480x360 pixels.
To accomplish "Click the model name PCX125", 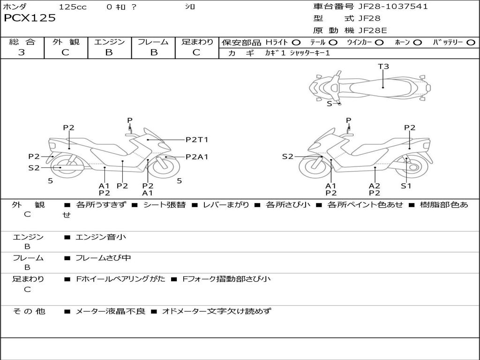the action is click(30, 18).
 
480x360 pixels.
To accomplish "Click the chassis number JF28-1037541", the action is click(393, 7).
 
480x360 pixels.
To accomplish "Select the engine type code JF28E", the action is click(373, 30).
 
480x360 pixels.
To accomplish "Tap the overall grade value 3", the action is click(22, 52).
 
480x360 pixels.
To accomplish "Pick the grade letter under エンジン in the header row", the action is click(109, 52).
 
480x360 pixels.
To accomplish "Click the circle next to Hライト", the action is click(296, 43).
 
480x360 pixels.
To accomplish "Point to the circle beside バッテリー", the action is click(471, 43).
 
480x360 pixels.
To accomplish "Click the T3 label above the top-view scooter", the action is click(383, 66).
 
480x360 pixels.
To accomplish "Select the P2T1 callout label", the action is click(197, 140).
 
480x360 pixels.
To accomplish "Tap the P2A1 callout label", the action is click(197, 157).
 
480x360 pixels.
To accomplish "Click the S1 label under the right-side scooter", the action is click(406, 186).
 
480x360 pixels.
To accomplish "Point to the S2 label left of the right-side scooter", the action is click(287, 157).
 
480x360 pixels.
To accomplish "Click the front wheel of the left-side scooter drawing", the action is click(165, 167).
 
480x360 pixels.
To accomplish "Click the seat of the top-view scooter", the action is click(381, 87).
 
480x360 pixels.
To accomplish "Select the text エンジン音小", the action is click(101, 237).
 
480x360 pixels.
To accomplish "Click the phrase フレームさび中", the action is click(103, 258).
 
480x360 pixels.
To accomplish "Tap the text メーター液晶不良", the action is click(110, 311).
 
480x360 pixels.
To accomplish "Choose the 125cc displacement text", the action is click(73, 7).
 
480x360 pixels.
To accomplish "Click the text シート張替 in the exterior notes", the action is click(165, 205).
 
